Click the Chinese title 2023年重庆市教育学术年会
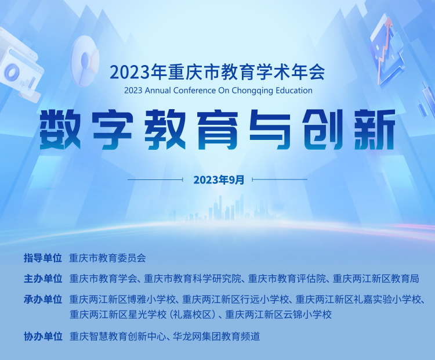(217, 73)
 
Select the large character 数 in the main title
(60, 129)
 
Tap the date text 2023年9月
(219, 180)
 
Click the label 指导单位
(43, 258)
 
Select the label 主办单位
(43, 279)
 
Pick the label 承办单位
(43, 300)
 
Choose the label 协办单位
(43, 337)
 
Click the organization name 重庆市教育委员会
(107, 258)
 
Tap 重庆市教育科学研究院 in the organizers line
(193, 279)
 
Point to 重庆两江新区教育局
(376, 279)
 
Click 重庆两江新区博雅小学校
(123, 300)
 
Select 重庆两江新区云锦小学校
(278, 315)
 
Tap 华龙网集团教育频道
(216, 337)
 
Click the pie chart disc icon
(84, 60)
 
